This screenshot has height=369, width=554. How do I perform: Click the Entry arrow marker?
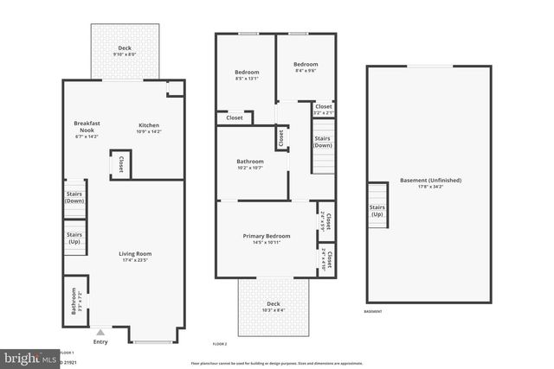tap(101, 331)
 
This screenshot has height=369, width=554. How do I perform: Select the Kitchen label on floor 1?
tap(149, 128)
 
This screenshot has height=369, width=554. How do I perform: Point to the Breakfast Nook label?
tap(87, 128)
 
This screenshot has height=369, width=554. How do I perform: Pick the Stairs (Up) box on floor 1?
tap(74, 238)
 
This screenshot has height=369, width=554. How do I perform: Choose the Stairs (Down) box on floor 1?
tap(74, 198)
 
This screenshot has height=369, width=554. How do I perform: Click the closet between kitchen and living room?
tap(120, 165)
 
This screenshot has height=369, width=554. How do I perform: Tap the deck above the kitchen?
tap(125, 51)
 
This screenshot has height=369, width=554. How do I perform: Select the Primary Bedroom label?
tap(266, 239)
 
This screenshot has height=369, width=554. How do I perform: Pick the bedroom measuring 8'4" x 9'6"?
tap(305, 67)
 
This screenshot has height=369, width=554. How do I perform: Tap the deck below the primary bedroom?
tap(274, 307)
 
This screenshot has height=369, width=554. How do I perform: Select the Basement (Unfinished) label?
tap(430, 182)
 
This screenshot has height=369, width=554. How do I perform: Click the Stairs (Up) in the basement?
tap(377, 211)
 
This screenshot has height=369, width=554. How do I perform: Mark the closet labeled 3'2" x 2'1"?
tap(323, 109)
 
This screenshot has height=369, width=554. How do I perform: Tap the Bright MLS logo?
tap(28, 356)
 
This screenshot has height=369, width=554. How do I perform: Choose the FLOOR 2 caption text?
tap(219, 345)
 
